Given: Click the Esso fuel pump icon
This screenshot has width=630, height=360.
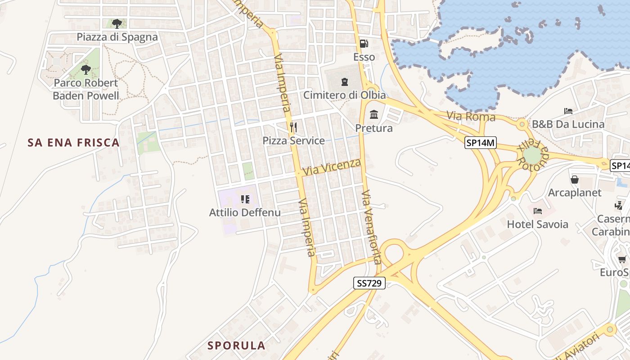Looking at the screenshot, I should coord(364,44).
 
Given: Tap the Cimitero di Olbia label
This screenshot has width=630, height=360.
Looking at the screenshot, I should coord(344,95).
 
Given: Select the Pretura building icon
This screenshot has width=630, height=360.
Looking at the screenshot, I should coord(373,115).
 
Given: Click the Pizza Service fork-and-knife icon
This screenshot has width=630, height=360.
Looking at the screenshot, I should coord(293,127).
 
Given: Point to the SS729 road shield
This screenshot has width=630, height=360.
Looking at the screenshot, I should coord(369,283).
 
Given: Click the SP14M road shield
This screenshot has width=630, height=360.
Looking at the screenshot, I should coord(480,143).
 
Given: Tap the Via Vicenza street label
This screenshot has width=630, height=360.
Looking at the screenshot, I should coord(332,167).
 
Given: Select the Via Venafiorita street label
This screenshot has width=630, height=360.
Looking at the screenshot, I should coord(371,227).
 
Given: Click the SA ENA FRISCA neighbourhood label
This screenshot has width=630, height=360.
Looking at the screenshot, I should coord(73,143).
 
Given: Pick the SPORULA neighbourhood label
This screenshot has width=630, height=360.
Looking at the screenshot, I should coord(236,346).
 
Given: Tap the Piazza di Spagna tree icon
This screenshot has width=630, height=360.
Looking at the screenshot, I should coord(117,23).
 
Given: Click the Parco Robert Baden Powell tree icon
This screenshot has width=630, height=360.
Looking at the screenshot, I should coord(85,70).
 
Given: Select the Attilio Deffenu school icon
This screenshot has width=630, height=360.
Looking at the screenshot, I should coord(245,199).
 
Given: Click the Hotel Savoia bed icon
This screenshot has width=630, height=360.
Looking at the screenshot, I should coord(537,211).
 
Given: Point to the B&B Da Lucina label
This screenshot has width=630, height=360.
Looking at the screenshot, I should coord(568,124).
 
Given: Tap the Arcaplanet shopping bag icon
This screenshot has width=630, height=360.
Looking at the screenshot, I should coord(575,180).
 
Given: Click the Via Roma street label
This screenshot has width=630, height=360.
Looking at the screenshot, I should coord(471,117).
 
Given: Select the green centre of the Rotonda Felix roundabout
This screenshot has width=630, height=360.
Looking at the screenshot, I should coord(532,156).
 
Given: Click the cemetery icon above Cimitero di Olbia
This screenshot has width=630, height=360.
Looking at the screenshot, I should coord(344,81).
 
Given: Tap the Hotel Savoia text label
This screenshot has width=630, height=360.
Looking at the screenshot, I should coord(537,224).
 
